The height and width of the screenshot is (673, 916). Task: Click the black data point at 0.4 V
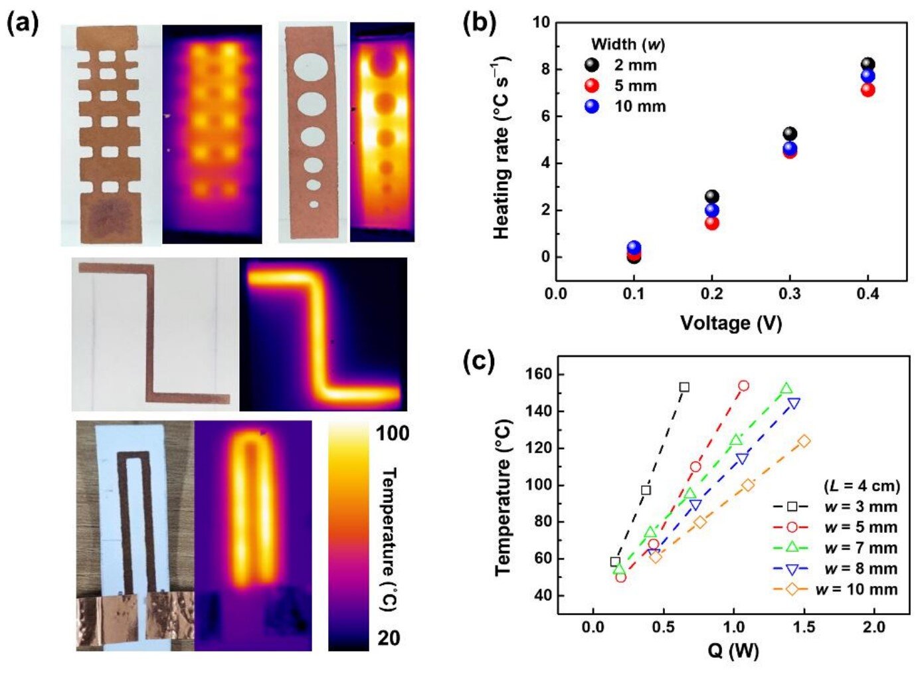click(x=868, y=64)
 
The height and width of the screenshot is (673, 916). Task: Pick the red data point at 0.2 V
click(x=711, y=223)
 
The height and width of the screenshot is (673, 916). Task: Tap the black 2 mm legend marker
click(x=591, y=65)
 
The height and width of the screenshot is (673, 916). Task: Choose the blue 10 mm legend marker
click(x=591, y=106)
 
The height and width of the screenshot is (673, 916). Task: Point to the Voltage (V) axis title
click(x=731, y=324)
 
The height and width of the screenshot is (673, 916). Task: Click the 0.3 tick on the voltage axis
click(x=789, y=294)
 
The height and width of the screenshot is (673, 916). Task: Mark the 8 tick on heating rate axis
click(x=545, y=69)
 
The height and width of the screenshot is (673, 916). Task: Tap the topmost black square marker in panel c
click(x=684, y=387)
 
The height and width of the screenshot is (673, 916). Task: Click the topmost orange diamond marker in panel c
click(x=804, y=441)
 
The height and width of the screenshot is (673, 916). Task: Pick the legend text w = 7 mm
click(x=861, y=548)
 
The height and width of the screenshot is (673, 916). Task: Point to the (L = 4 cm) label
click(x=862, y=486)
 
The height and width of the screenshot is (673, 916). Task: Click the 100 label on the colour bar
click(x=393, y=433)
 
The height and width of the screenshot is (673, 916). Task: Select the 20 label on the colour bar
click(x=389, y=638)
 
